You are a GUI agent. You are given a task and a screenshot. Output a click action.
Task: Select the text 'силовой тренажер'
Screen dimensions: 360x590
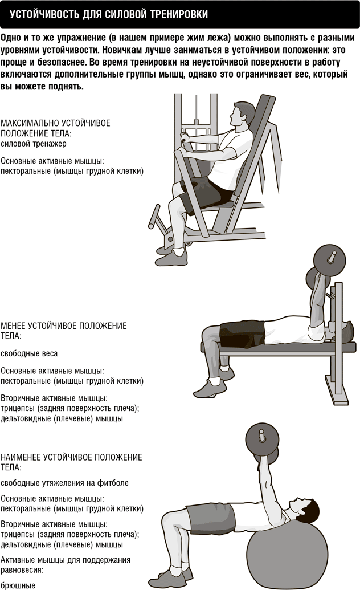click(x=34, y=143)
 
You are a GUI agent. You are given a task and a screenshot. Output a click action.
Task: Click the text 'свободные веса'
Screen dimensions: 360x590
click(x=29, y=353)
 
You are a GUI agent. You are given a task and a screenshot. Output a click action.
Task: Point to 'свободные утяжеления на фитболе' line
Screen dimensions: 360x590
click(x=64, y=483)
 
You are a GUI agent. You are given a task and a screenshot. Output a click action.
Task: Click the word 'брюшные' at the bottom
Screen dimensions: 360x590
click(x=18, y=585)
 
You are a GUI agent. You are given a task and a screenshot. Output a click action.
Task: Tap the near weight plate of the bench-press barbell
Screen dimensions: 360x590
click(x=330, y=262)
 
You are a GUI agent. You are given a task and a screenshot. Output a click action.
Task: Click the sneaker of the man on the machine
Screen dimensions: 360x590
click(x=171, y=257)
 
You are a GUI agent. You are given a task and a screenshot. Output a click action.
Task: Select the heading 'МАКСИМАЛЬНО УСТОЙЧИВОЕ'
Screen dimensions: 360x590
click(x=55, y=123)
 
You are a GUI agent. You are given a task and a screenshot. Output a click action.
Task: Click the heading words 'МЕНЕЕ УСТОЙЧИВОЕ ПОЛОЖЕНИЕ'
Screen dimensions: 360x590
click(x=64, y=326)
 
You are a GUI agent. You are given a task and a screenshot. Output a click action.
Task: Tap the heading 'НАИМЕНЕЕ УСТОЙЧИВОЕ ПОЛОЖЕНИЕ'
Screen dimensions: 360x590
click(x=71, y=458)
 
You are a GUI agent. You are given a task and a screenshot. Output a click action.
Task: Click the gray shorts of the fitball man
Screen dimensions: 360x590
click(x=210, y=516)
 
